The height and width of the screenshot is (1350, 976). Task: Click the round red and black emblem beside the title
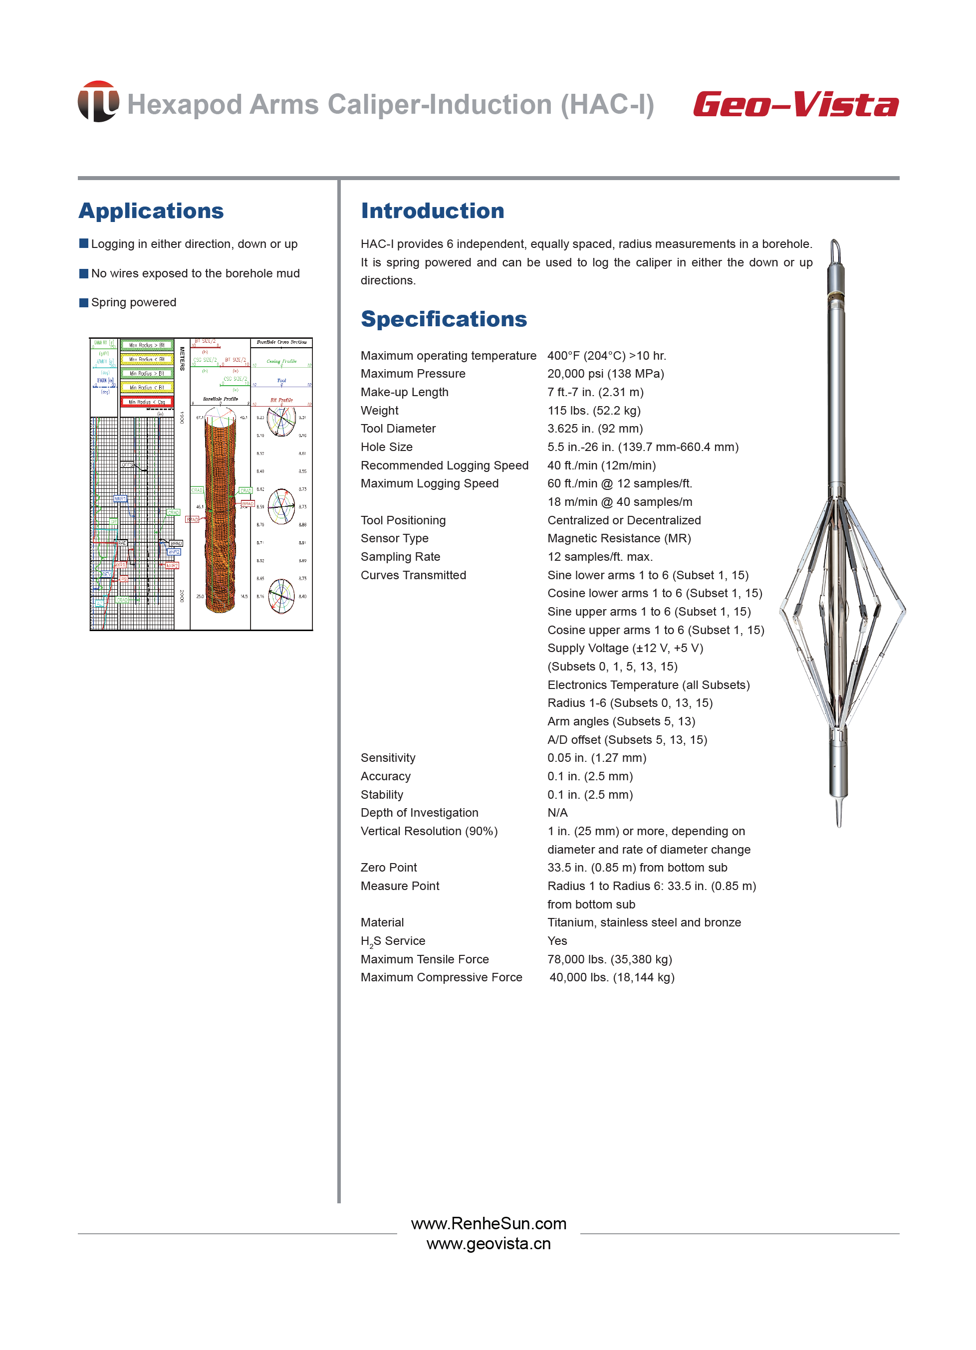(x=98, y=102)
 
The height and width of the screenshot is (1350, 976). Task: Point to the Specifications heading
(x=444, y=319)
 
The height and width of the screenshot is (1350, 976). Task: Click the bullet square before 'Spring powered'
(x=84, y=302)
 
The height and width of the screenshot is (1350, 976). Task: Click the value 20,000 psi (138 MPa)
(x=605, y=374)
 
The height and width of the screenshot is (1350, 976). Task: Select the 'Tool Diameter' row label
(x=398, y=429)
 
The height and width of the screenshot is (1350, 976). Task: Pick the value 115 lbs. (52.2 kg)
(x=594, y=411)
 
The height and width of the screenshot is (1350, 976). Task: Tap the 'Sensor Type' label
(x=394, y=538)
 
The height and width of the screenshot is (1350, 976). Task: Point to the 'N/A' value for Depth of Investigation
(x=557, y=813)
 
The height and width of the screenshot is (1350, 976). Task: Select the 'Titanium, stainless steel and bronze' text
(x=644, y=922)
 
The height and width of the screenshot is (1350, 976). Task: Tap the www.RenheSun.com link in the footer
(x=488, y=1224)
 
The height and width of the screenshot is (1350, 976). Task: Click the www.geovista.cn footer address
(x=488, y=1244)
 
